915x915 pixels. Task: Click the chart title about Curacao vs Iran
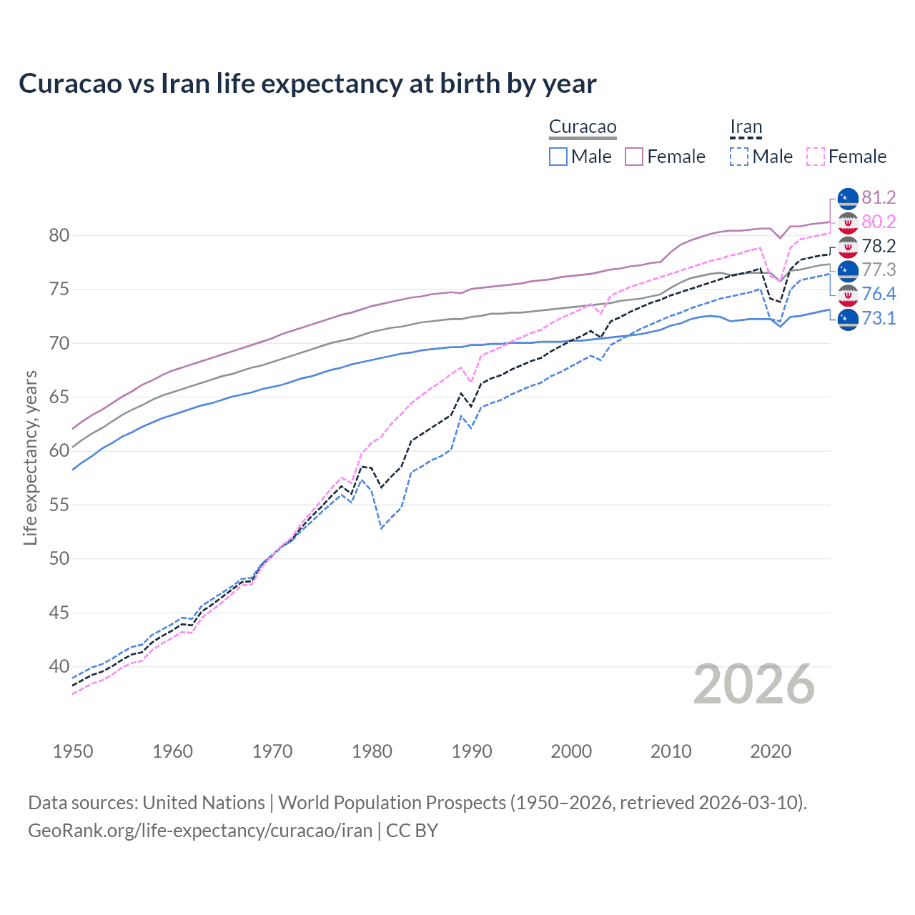tap(307, 84)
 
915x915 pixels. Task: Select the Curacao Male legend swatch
tap(558, 157)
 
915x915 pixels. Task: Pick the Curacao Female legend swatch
tap(634, 157)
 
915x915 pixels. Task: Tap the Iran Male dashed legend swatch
tap(739, 157)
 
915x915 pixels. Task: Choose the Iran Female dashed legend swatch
tap(816, 157)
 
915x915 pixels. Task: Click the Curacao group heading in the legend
tap(583, 127)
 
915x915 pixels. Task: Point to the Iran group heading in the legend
tap(746, 127)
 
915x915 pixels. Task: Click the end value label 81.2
tap(879, 198)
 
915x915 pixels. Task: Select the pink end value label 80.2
tap(879, 222)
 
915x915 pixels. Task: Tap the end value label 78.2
tap(879, 247)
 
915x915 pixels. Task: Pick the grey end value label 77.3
tap(879, 270)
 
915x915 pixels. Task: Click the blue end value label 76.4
tap(879, 295)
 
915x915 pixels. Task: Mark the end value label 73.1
tap(879, 319)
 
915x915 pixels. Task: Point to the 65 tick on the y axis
tap(59, 397)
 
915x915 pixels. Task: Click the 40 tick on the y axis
tap(59, 667)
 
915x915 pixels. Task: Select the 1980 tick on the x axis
tap(372, 751)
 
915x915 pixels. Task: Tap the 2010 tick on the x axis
tap(671, 751)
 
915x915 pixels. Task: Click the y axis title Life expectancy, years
tap(31, 457)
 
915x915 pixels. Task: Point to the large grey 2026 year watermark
tap(754, 685)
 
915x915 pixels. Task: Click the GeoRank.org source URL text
tap(200, 831)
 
